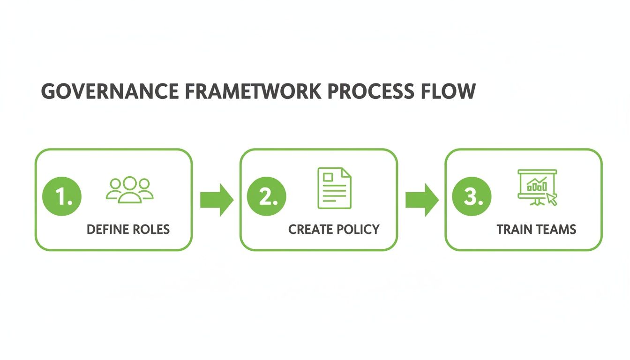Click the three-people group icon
[130, 189]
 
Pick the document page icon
[334, 187]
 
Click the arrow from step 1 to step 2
[217, 200]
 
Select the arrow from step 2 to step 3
[421, 200]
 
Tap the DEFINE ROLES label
[128, 229]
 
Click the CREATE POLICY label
[334, 229]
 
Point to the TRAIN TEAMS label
[536, 229]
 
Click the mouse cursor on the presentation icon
[552, 199]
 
